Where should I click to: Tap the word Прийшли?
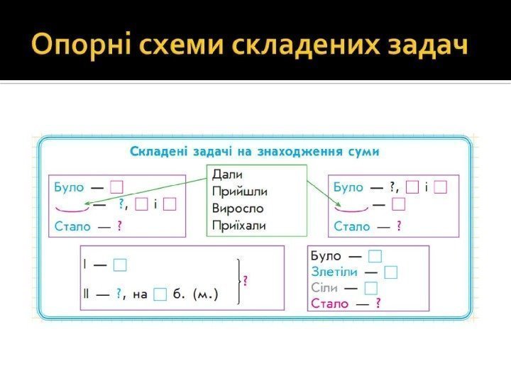(x=240, y=191)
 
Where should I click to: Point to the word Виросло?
(x=238, y=209)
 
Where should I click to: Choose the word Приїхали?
(x=239, y=227)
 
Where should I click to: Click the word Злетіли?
(x=334, y=272)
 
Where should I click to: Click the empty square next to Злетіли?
(x=390, y=272)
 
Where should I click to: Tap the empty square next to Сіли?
(x=370, y=288)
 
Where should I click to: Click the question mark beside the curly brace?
(x=246, y=280)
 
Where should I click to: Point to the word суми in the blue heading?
(x=360, y=151)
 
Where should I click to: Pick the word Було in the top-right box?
(x=348, y=187)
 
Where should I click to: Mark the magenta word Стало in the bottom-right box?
(x=330, y=304)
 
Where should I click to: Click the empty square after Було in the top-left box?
(x=117, y=187)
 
